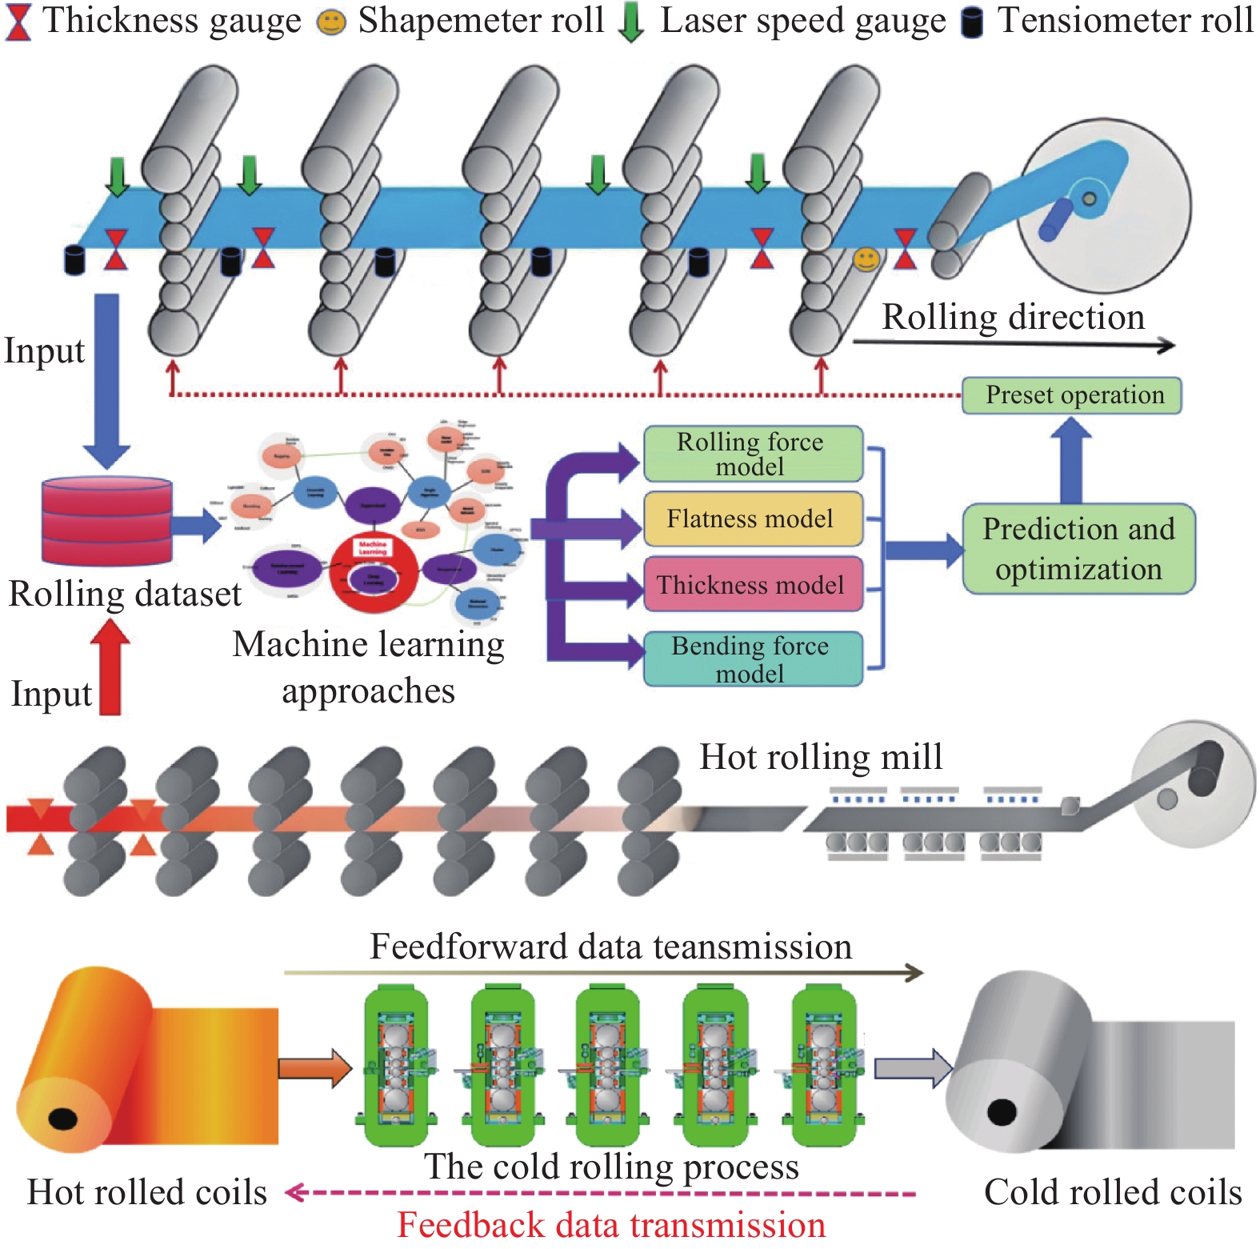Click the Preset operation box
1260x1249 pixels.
pos(1071,395)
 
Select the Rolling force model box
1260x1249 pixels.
pos(753,454)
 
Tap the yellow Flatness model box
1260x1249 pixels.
pos(753,518)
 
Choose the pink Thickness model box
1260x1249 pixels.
pos(753,585)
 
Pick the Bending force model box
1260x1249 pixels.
pos(753,659)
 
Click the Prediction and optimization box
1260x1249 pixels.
pos(1078,549)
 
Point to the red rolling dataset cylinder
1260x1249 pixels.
pos(106,520)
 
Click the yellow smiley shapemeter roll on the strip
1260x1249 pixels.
pos(866,259)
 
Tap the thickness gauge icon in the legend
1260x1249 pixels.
pos(18,22)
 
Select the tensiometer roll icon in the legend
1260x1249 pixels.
pos(971,22)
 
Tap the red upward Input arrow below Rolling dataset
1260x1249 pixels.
pos(110,667)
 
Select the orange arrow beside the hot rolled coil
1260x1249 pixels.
pos(314,1067)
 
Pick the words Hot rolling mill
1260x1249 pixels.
pos(821,757)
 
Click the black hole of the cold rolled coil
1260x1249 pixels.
pos(1002,1111)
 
